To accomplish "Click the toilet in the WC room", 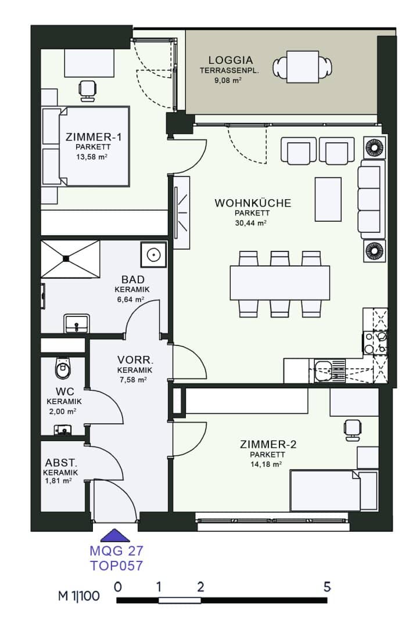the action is pos(63,368).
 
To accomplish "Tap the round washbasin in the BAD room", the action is pos(153,254).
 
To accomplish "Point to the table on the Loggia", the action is pos(303,67).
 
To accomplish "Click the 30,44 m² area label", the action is pos(250,223).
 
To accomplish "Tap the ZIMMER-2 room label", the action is pos(268,444).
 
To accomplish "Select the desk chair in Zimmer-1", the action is pos(88,90).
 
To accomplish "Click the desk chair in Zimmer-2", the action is pos(353,430).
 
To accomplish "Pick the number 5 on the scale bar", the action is pos(327,586).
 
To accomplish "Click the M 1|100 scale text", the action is pos(79,596).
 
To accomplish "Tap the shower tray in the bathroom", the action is pos(70,259).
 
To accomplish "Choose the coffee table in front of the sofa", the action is pos(328,199).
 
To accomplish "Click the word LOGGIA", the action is pos(231,60).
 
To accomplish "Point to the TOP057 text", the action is pos(116,565).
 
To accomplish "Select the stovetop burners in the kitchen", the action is pos(375,343).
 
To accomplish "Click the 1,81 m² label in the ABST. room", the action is pos(59,481).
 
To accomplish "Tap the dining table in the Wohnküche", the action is pos(279,283).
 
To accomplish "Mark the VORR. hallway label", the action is pos(135,359).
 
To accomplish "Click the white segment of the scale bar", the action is pos(180,600).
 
